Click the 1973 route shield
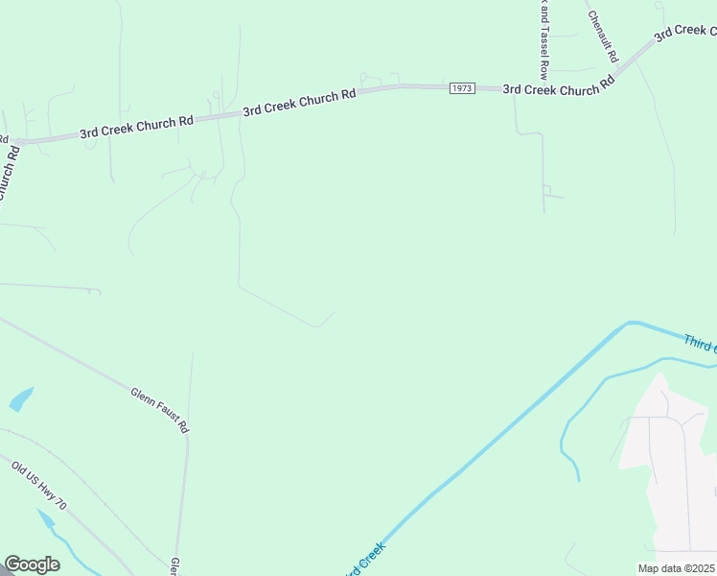[462, 88]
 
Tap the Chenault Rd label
[603, 36]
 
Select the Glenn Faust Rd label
[158, 409]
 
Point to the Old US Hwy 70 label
[39, 484]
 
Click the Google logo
[32, 564]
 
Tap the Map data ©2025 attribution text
[676, 568]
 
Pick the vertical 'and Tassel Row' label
[544, 38]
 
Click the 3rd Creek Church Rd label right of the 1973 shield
[558, 88]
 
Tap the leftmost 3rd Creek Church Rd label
[136, 126]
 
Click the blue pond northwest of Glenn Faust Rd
[21, 398]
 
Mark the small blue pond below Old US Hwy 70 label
[46, 520]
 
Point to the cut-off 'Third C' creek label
[700, 343]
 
